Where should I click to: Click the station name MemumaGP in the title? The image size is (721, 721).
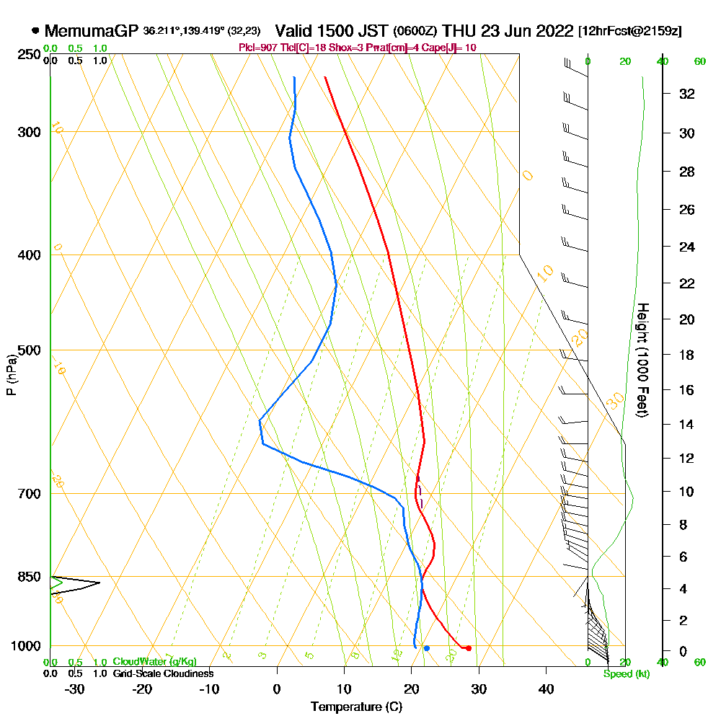click(92, 31)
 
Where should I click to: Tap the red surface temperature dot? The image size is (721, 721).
click(469, 648)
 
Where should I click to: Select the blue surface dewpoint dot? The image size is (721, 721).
click(427, 648)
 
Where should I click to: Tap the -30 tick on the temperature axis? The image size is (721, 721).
click(75, 689)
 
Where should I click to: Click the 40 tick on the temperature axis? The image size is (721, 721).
click(547, 689)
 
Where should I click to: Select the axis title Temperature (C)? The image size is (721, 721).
click(356, 707)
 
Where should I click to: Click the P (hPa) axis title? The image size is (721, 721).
click(12, 374)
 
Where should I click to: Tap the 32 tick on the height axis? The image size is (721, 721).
click(687, 94)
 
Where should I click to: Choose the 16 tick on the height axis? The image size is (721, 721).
click(687, 390)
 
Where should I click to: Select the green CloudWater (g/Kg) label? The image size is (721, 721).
click(154, 662)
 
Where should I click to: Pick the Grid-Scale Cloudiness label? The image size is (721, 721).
click(163, 673)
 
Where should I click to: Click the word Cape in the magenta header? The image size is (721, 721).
click(438, 48)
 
